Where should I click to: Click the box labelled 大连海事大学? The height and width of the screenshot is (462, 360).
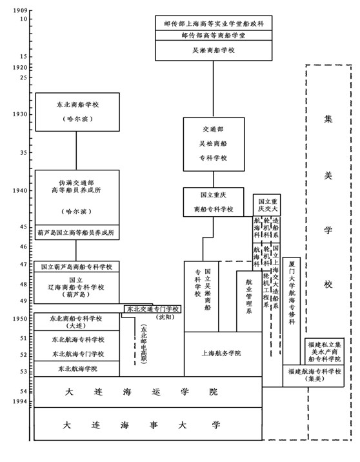[x=141, y=425]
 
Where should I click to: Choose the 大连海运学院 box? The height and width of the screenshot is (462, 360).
[x=141, y=392]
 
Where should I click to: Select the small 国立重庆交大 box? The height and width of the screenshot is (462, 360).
[x=266, y=204]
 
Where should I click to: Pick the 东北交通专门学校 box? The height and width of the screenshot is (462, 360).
[x=152, y=309]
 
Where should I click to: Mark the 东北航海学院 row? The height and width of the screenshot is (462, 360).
[x=77, y=369]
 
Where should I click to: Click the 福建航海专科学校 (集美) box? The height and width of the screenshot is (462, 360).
[x=312, y=376]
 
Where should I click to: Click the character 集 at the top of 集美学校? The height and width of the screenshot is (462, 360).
[x=328, y=119]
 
